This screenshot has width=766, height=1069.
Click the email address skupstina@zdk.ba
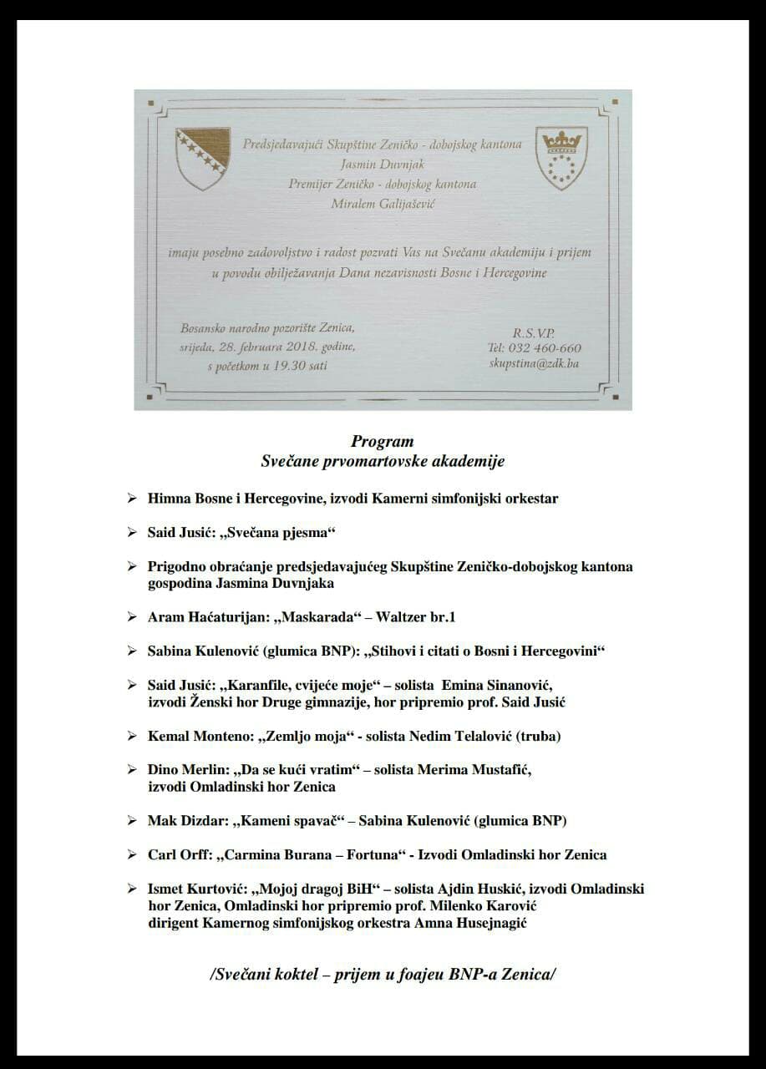coord(535,364)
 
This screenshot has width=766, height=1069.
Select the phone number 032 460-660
coord(545,348)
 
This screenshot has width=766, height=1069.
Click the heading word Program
coord(382,442)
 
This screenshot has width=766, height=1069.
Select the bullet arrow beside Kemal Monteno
coord(131,736)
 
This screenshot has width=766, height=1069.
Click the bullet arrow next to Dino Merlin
coord(131,769)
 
